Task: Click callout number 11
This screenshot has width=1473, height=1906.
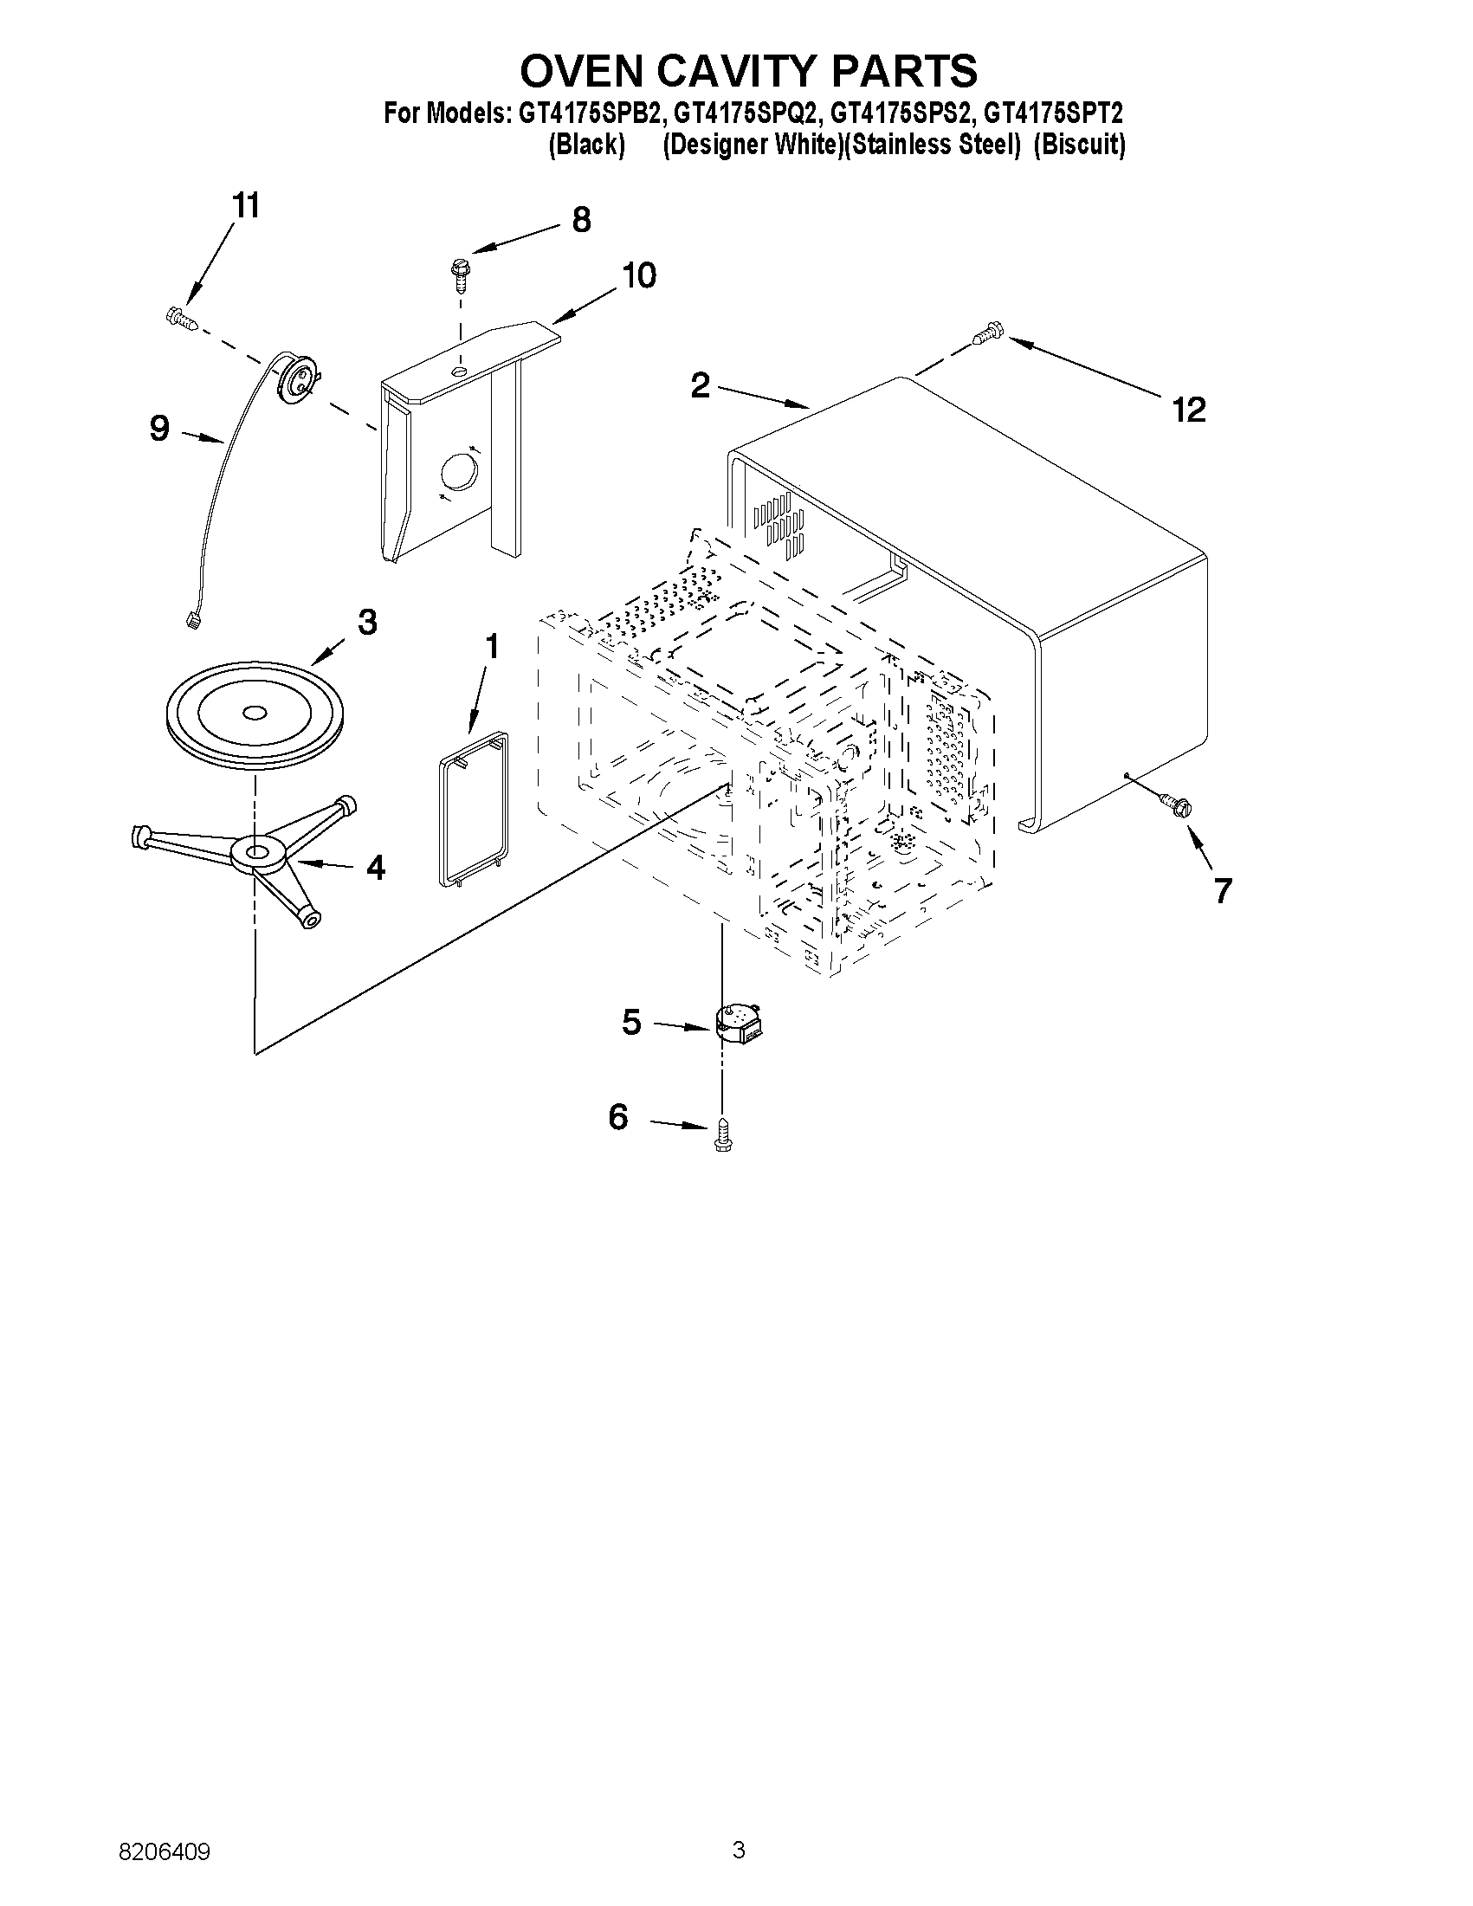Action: pos(245,207)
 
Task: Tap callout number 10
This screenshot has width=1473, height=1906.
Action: pos(639,275)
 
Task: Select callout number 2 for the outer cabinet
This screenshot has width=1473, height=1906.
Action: pos(700,384)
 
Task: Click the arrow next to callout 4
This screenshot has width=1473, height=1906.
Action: pos(323,864)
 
